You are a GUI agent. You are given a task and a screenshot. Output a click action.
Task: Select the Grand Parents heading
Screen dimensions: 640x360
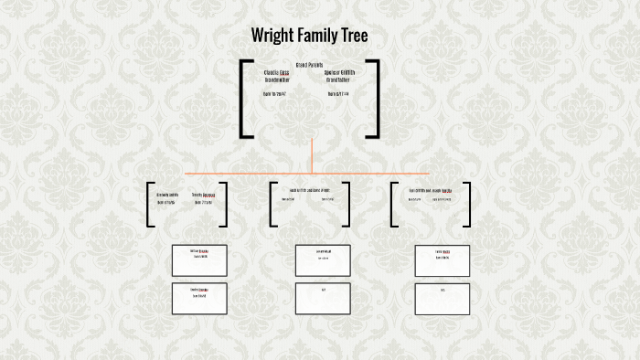[x=310, y=64]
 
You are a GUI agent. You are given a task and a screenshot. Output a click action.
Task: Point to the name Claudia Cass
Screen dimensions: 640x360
[x=276, y=72]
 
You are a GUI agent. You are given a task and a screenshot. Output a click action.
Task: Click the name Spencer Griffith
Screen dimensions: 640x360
[x=339, y=72]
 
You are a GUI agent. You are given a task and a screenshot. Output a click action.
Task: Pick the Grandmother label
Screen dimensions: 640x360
[x=276, y=79]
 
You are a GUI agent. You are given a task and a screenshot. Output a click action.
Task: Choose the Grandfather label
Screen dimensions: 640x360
[x=339, y=79]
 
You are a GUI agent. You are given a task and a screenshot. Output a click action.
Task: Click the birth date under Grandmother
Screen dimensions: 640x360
[x=274, y=94]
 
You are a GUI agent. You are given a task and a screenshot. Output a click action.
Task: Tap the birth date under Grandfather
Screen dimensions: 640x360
[x=338, y=94]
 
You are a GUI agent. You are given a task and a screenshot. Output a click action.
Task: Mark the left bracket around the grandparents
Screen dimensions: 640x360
[x=243, y=99]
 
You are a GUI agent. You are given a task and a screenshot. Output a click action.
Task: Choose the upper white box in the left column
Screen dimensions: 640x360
[x=199, y=260]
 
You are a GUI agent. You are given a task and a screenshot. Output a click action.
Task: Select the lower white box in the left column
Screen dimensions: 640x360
[x=199, y=299]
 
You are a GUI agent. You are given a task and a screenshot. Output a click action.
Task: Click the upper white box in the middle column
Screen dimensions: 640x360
[x=323, y=260]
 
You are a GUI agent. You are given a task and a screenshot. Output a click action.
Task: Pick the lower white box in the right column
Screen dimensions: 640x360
[x=443, y=299]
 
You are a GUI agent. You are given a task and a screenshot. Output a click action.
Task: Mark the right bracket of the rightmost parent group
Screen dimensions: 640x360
[x=468, y=205]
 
